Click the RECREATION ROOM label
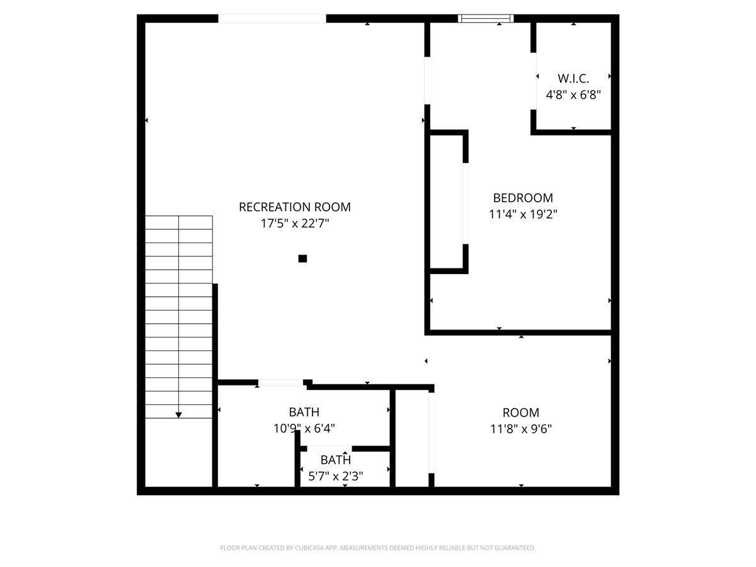295,207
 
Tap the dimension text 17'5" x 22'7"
295,223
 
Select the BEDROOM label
523,198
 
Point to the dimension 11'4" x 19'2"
523,214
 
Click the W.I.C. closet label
573,79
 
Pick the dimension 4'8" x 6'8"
573,95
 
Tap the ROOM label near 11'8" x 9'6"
521,413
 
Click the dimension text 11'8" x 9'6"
521,429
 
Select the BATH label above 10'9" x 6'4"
304,412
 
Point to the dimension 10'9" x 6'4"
304,428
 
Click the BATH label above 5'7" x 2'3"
335,459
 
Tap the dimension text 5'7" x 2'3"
335,476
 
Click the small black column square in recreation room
302,258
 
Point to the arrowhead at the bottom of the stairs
179,415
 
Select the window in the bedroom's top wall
486,18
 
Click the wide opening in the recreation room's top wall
272,18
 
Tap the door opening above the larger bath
280,382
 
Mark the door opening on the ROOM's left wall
432,432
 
